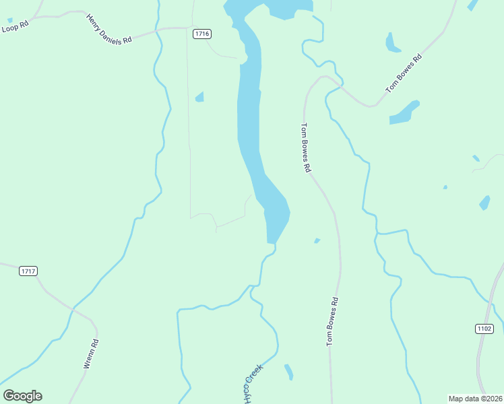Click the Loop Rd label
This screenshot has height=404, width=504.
tap(15, 26)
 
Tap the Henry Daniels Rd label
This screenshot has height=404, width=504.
tap(108, 28)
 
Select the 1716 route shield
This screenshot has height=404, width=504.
tap(201, 34)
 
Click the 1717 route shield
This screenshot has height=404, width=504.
tap(28, 271)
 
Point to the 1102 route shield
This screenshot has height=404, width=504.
tap(484, 329)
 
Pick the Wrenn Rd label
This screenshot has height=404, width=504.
tap(91, 353)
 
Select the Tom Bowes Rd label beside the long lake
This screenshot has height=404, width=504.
tap(305, 147)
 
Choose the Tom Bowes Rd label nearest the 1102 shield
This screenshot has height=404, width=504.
tap(332, 322)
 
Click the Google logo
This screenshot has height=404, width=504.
tap(23, 395)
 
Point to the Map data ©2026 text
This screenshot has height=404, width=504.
tap(475, 399)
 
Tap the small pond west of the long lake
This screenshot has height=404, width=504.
tap(199, 98)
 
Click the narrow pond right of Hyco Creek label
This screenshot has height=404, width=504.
tap(289, 372)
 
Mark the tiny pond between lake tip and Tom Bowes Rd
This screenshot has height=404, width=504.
tap(317, 240)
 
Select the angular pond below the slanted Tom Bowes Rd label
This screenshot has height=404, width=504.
tap(404, 113)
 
